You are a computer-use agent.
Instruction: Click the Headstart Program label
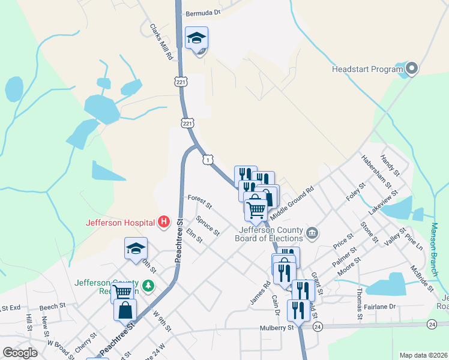(367, 69)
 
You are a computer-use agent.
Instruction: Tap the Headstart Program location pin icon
(411, 69)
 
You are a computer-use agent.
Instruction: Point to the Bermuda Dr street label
(203, 12)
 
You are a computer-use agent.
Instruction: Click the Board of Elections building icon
(312, 233)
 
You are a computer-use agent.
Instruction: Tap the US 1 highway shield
(207, 160)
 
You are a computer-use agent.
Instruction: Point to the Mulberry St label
(277, 328)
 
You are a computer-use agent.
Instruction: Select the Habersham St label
(376, 170)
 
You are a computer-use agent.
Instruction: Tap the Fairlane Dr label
(380, 306)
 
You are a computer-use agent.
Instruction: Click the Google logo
(20, 353)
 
